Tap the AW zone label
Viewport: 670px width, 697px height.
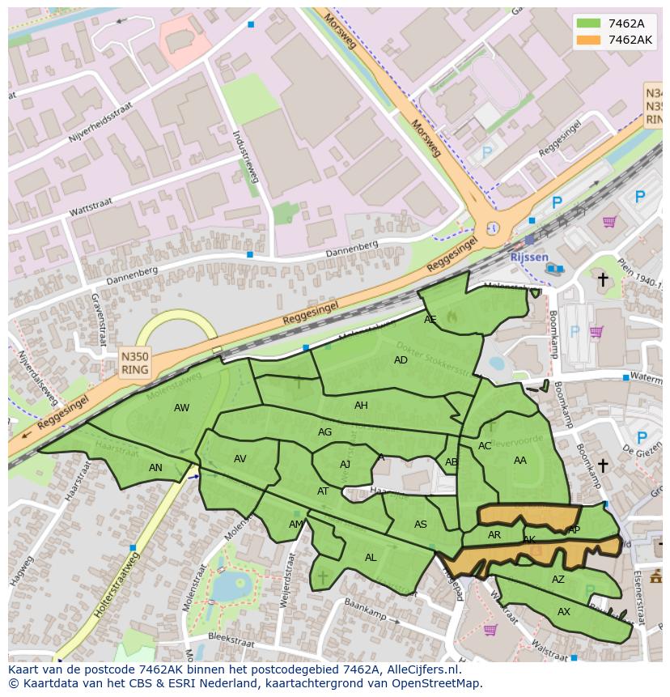pyautogui.click(x=181, y=408)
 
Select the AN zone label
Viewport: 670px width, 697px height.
pyautogui.click(x=155, y=468)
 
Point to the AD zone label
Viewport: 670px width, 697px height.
pyautogui.click(x=401, y=360)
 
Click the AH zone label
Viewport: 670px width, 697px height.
pyautogui.click(x=361, y=406)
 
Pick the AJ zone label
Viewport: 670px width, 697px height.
pyautogui.click(x=345, y=465)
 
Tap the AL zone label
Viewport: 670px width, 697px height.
pyautogui.click(x=371, y=558)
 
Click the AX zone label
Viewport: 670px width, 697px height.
pyautogui.click(x=564, y=612)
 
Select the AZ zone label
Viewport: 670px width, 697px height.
pyautogui.click(x=558, y=580)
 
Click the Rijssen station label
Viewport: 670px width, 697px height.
pyautogui.click(x=529, y=257)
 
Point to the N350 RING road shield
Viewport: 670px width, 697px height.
pyautogui.click(x=134, y=363)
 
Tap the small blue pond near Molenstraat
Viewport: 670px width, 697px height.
pyautogui.click(x=239, y=583)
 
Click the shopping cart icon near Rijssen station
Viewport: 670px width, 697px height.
pyautogui.click(x=609, y=222)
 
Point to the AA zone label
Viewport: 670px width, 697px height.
pyautogui.click(x=519, y=460)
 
